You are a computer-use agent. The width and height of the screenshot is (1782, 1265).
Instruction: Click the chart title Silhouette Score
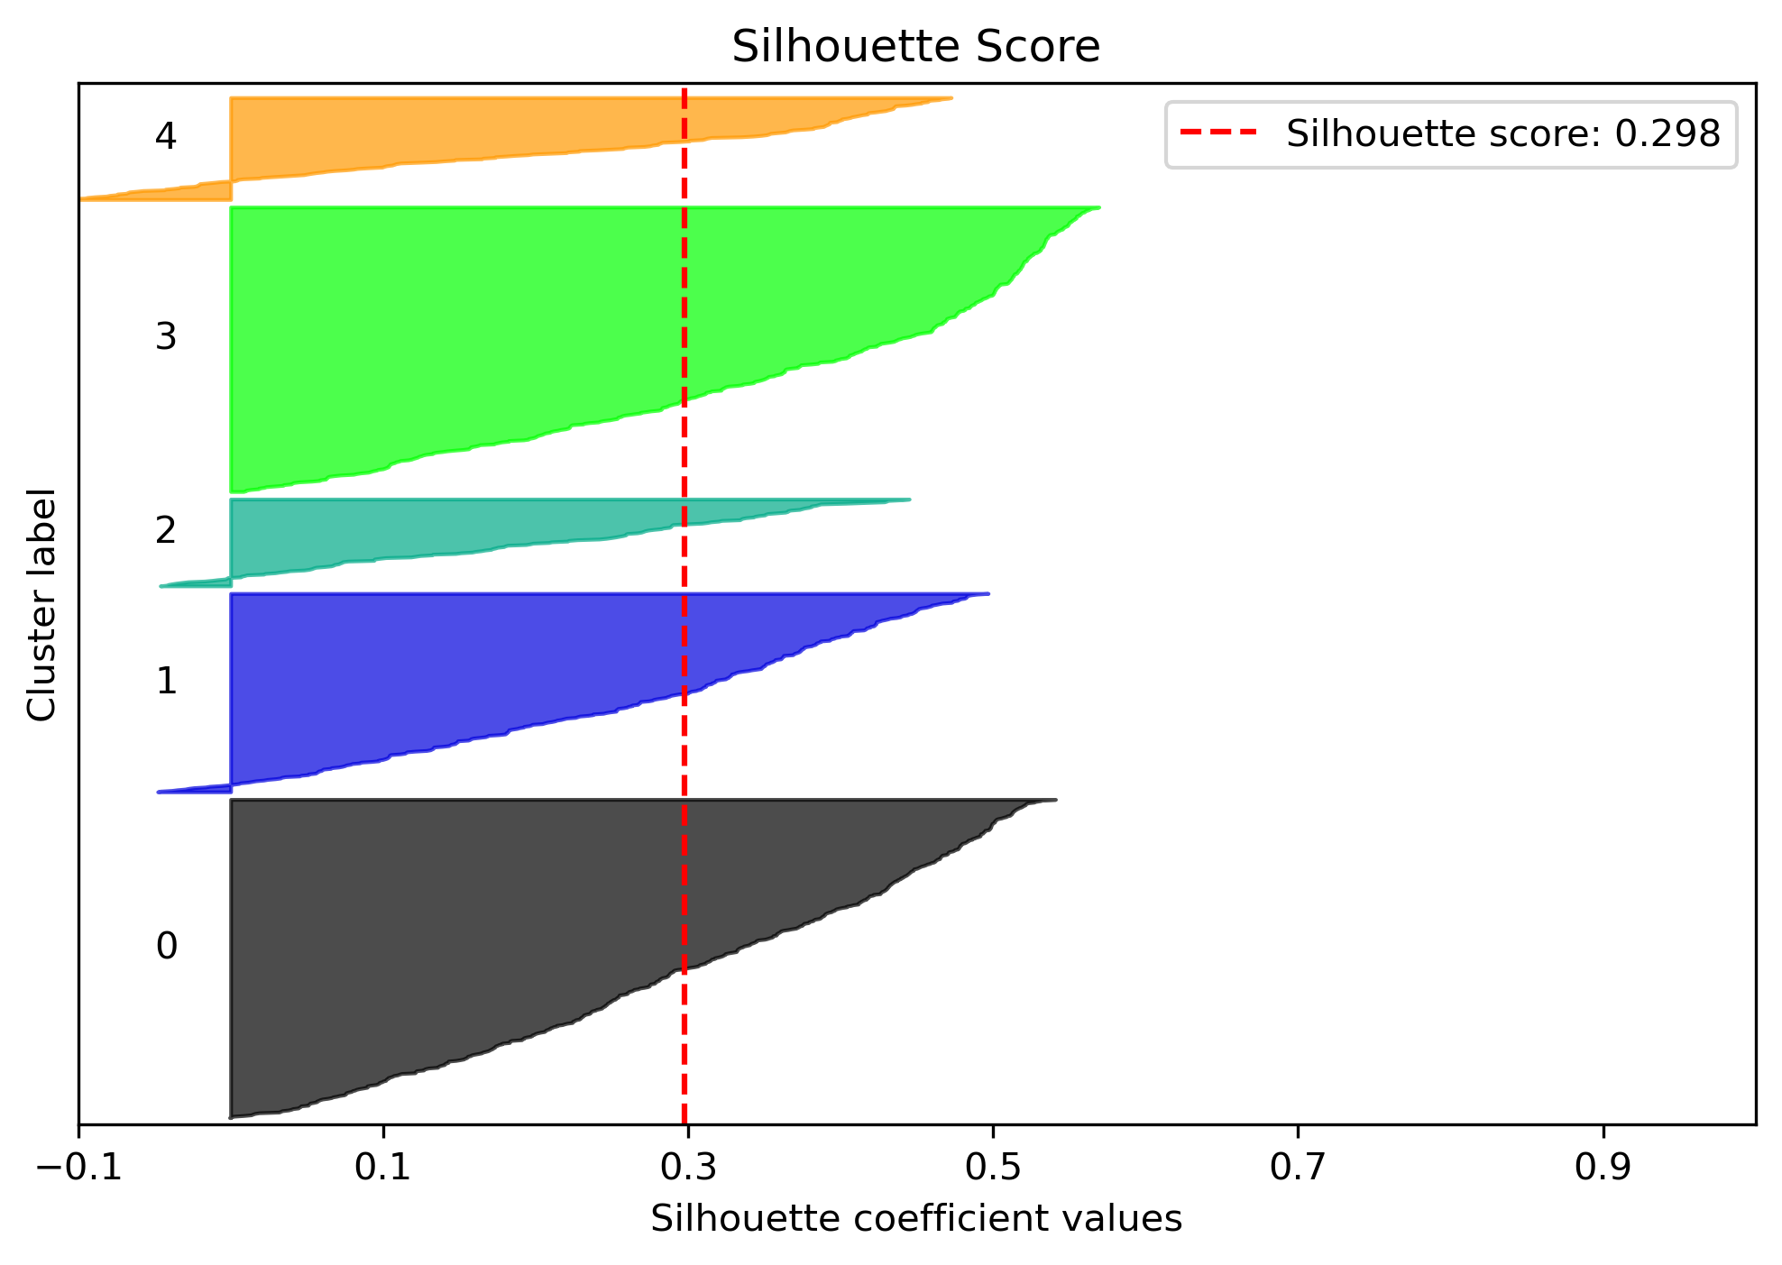pos(915,47)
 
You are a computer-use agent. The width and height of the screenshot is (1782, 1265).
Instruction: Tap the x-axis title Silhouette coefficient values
pos(915,1219)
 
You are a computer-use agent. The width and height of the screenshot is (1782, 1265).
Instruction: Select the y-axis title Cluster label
pos(41,605)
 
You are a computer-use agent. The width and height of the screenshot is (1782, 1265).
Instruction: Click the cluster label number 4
pos(166,136)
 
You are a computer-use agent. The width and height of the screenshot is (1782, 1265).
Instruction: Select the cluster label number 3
pos(166,337)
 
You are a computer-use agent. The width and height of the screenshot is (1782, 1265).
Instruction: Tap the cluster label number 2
pos(166,531)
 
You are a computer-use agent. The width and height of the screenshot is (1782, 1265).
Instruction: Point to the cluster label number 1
pos(166,681)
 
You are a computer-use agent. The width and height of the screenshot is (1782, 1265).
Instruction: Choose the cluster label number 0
pos(166,947)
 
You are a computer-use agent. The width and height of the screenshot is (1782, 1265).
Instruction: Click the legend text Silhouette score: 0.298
pos(1503,134)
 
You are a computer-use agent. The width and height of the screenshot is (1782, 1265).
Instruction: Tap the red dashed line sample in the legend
pos(1218,133)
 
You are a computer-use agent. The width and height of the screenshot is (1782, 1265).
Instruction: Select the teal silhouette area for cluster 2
pos(451,527)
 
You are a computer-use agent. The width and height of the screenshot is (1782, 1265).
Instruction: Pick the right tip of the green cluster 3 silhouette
pos(1096,208)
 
